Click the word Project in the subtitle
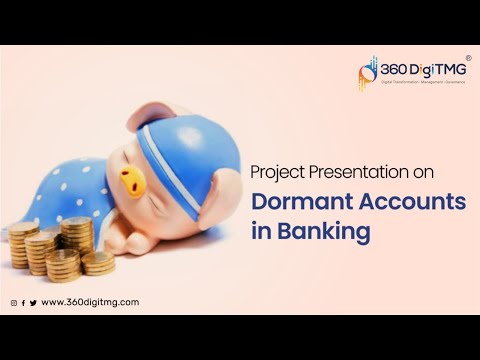click(x=278, y=172)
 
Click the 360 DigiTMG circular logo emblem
click(x=369, y=71)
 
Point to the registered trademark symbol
click(x=468, y=58)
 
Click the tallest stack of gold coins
click(x=76, y=240)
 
